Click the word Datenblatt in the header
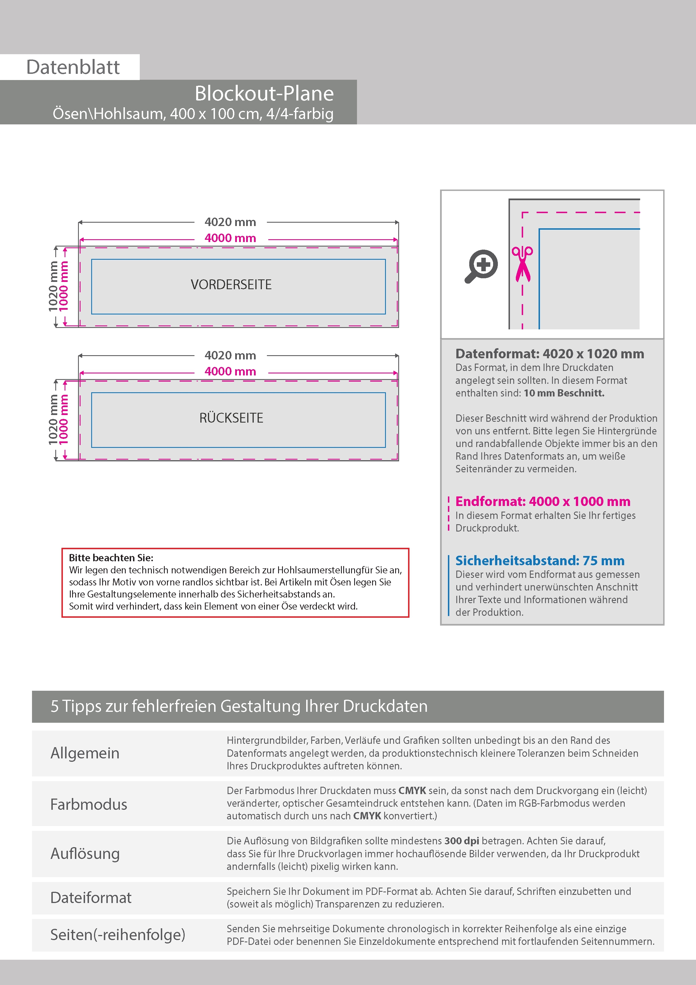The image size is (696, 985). click(x=73, y=67)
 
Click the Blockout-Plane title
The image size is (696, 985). click(x=264, y=94)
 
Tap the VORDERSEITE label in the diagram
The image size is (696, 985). click(x=231, y=284)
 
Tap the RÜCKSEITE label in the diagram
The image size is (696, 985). click(x=231, y=418)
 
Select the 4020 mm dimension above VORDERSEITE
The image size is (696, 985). click(x=230, y=222)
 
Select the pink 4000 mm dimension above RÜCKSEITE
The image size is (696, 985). click(x=230, y=371)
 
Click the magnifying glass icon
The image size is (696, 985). click(x=481, y=266)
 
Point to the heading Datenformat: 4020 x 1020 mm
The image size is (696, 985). click(x=549, y=354)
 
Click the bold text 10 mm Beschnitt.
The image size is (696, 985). click(x=564, y=393)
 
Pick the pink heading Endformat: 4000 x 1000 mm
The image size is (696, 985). click(x=542, y=501)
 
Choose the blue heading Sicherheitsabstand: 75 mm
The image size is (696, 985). click(x=539, y=561)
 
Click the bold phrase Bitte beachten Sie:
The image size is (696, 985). click(x=111, y=558)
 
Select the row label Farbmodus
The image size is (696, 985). click(x=89, y=804)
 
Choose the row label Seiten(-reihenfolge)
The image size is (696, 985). click(x=118, y=934)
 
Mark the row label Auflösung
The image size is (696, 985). click(x=85, y=853)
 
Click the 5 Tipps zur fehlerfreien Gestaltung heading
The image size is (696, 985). click(x=239, y=706)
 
